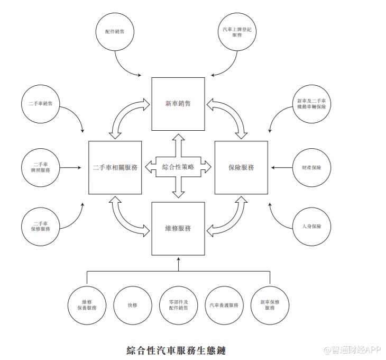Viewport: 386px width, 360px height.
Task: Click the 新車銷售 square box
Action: (x=178, y=104)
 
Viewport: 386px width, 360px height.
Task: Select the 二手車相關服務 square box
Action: (x=115, y=167)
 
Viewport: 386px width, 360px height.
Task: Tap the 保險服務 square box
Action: (x=241, y=167)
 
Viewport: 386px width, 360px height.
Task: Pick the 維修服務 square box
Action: (x=178, y=229)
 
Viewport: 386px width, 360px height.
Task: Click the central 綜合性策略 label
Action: (x=178, y=167)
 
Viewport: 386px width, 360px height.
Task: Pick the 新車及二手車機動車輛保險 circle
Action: (x=312, y=104)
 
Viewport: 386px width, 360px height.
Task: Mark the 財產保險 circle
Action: (x=312, y=167)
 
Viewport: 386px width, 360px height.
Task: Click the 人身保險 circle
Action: (x=312, y=226)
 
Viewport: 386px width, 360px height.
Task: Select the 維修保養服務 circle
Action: (x=86, y=305)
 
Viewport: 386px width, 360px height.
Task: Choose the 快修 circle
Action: (x=132, y=305)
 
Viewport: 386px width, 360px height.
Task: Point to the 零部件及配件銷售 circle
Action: (x=178, y=305)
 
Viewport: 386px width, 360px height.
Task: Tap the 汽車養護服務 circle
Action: (x=224, y=305)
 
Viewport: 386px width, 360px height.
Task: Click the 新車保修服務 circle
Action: (x=270, y=305)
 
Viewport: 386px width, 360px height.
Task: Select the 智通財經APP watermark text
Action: (x=351, y=350)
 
